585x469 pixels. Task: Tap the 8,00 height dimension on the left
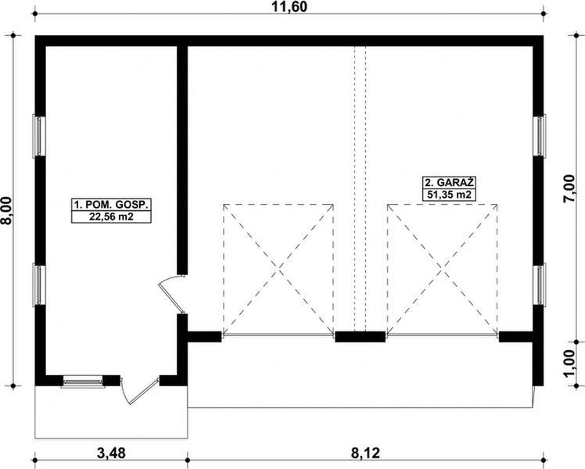[8, 212]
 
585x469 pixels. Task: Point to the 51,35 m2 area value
[450, 194]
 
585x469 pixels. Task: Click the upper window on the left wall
[38, 137]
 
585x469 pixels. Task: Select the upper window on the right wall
[539, 137]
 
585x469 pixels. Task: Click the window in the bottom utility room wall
[83, 381]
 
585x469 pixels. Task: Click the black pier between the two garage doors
[361, 337]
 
